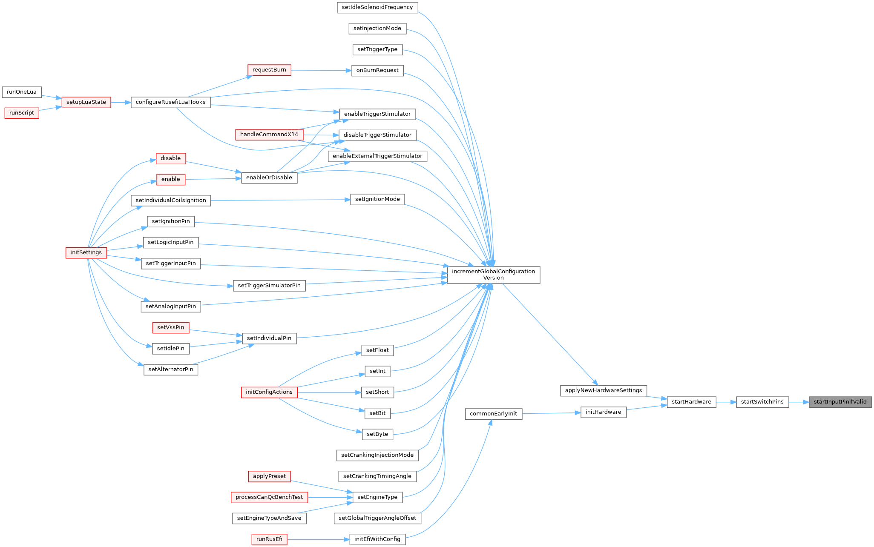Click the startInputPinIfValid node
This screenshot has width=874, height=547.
click(840, 402)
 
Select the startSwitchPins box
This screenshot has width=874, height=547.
click(762, 402)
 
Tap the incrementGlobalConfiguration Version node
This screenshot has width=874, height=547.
click(494, 275)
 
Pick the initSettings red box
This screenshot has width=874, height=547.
click(86, 252)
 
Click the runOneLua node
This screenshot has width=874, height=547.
click(22, 92)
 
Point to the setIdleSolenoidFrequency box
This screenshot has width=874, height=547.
click(377, 7)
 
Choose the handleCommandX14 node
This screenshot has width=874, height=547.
click(269, 135)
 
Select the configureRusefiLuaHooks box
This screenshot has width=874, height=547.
click(171, 102)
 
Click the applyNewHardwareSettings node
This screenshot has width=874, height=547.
click(604, 390)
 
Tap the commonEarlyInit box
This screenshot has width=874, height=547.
click(494, 414)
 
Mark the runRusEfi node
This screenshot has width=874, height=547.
click(269, 539)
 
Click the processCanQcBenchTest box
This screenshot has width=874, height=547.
click(269, 497)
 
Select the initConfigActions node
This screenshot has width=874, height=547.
click(269, 392)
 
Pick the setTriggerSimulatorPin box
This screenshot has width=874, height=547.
click(269, 285)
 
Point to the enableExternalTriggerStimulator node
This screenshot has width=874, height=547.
click(377, 156)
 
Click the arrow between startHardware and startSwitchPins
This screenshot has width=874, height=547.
click(726, 402)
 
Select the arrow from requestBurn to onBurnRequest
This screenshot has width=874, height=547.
click(321, 70)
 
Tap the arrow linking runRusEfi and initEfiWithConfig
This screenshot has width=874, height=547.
click(318, 539)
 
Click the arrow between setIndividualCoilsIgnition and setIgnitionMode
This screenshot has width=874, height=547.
click(281, 200)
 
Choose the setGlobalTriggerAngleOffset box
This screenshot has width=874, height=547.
click(377, 518)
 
